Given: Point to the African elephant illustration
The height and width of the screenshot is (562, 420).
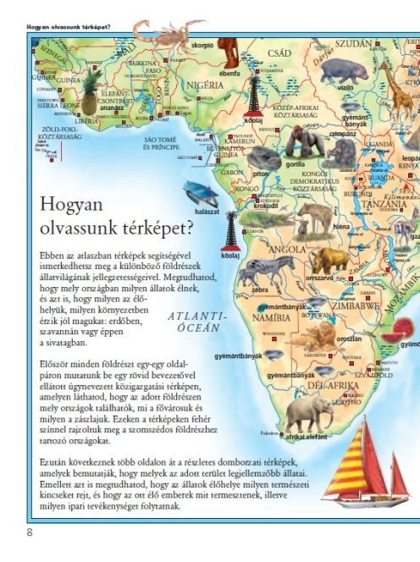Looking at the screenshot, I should coord(307,414).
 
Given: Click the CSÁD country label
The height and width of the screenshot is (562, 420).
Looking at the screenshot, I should coord(279,52).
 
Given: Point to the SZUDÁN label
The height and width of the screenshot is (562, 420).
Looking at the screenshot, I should coord(353,43).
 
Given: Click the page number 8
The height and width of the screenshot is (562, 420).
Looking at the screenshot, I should coord(30,532).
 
